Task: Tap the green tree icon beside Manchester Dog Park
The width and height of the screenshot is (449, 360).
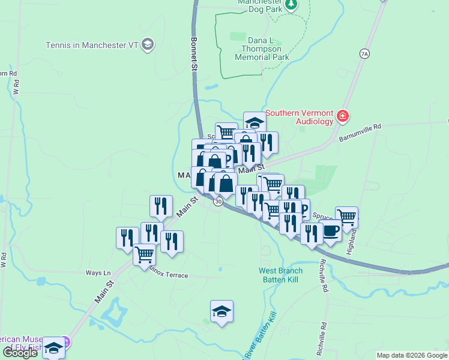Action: click(291, 5)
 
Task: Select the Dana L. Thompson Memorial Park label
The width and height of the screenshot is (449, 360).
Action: click(261, 49)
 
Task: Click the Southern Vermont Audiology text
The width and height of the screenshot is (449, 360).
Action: click(299, 116)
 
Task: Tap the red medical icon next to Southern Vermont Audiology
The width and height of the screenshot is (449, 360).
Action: click(343, 116)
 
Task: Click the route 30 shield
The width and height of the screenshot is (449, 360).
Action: click(218, 202)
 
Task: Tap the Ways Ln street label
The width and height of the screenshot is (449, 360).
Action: click(98, 272)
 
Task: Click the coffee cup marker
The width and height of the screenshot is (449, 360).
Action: click(330, 230)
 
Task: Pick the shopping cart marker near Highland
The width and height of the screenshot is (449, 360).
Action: click(346, 217)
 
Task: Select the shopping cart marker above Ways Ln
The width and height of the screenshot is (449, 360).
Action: click(144, 254)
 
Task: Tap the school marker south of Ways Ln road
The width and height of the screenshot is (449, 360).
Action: click(221, 311)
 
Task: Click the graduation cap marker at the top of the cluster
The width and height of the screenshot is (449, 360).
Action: click(255, 122)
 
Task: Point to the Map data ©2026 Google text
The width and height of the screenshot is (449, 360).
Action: click(411, 355)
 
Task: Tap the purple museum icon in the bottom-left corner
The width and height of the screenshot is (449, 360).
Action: click(67, 343)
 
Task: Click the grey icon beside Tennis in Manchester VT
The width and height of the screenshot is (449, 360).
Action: click(148, 44)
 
